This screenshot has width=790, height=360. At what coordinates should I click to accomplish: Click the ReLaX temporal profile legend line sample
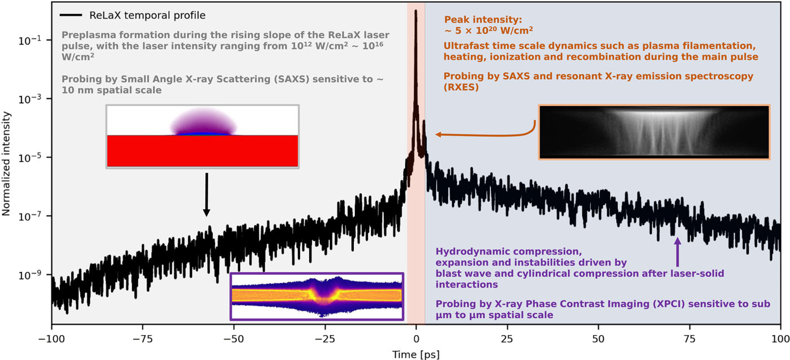click(71, 15)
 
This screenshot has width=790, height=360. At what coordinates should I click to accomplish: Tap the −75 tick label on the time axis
click(142, 339)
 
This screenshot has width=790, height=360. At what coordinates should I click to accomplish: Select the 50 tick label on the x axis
click(599, 339)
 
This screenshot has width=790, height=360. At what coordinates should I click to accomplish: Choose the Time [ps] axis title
click(416, 354)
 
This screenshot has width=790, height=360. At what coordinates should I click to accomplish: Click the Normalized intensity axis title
click(6, 164)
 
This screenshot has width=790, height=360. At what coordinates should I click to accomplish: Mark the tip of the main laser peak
click(416, 10)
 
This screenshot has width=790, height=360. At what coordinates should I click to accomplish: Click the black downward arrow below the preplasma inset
click(207, 194)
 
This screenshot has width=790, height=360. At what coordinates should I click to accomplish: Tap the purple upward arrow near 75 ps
click(678, 252)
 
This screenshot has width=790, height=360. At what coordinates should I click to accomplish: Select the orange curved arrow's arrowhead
click(439, 134)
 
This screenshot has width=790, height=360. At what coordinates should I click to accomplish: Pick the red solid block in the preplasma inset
click(203, 151)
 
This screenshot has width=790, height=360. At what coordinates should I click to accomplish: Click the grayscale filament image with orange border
click(654, 132)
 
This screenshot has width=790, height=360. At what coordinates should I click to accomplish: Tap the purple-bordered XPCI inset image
click(317, 297)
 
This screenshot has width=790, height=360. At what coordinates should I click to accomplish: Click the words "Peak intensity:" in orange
click(483, 19)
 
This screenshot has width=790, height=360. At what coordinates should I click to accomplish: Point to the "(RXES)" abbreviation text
click(461, 87)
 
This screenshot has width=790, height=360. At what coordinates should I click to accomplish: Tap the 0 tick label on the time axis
click(416, 339)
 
